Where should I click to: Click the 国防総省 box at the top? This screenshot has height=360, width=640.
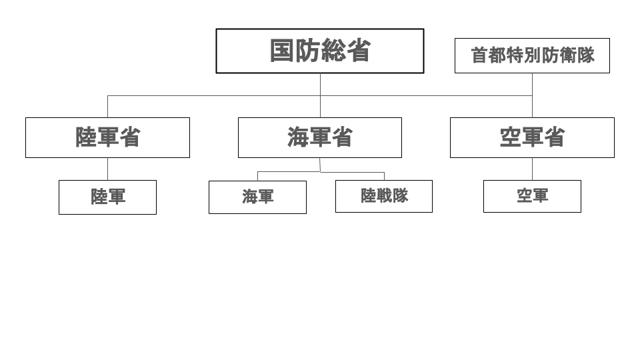coord(320,51)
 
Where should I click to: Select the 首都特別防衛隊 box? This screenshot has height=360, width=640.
coord(532,56)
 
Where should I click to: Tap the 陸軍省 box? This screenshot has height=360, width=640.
coord(108,137)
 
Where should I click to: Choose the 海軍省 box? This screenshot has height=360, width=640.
coord(320,137)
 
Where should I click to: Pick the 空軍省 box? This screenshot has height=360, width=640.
coord(532,137)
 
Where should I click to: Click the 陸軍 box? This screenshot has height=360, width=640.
coord(108,197)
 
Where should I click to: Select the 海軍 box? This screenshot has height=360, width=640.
coord(257,197)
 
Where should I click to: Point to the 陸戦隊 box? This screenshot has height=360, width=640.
coord(384,196)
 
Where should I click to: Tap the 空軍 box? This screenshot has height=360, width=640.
coord(532,196)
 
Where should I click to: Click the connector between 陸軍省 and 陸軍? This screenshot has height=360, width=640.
coord(108,169)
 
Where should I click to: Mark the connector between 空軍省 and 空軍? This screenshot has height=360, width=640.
coord(532,169)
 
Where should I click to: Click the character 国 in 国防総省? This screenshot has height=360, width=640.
coord(282,51)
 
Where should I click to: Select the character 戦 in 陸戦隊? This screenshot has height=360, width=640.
coord(385,195)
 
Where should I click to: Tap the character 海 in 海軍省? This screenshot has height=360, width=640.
coord(298,137)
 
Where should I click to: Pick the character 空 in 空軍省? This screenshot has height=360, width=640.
coord(510,137)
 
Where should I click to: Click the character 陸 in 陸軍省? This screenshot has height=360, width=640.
coord(86,137)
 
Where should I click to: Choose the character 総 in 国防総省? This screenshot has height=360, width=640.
coord(333,51)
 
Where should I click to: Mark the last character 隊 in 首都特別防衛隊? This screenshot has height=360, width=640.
coord(586,55)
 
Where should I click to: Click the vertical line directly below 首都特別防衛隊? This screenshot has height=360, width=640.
coord(532,95)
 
